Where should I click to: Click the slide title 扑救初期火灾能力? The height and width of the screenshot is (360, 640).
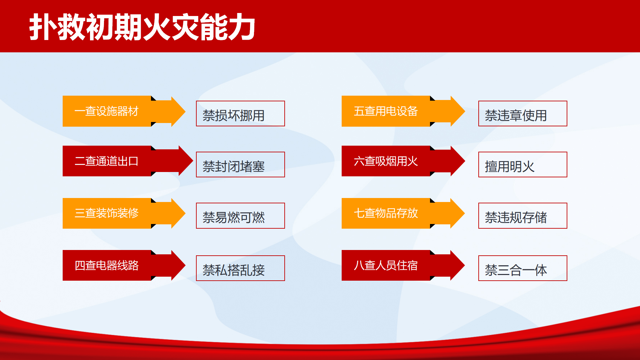point(142,27)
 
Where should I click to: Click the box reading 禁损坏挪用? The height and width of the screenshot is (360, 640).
point(240,114)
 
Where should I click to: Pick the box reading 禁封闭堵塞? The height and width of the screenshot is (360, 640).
point(240,165)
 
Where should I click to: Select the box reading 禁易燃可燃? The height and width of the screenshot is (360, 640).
point(240,216)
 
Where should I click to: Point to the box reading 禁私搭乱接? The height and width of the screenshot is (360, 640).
point(240,268)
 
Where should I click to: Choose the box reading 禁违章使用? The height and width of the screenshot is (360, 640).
point(523,114)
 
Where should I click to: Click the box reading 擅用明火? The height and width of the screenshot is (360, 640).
point(523,165)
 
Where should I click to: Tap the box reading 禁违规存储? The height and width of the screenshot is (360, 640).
point(523,216)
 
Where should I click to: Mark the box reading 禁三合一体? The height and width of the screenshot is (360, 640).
point(523,268)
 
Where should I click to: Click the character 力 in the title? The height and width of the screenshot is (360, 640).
point(242,27)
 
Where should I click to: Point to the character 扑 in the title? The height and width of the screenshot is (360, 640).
point(43,27)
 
